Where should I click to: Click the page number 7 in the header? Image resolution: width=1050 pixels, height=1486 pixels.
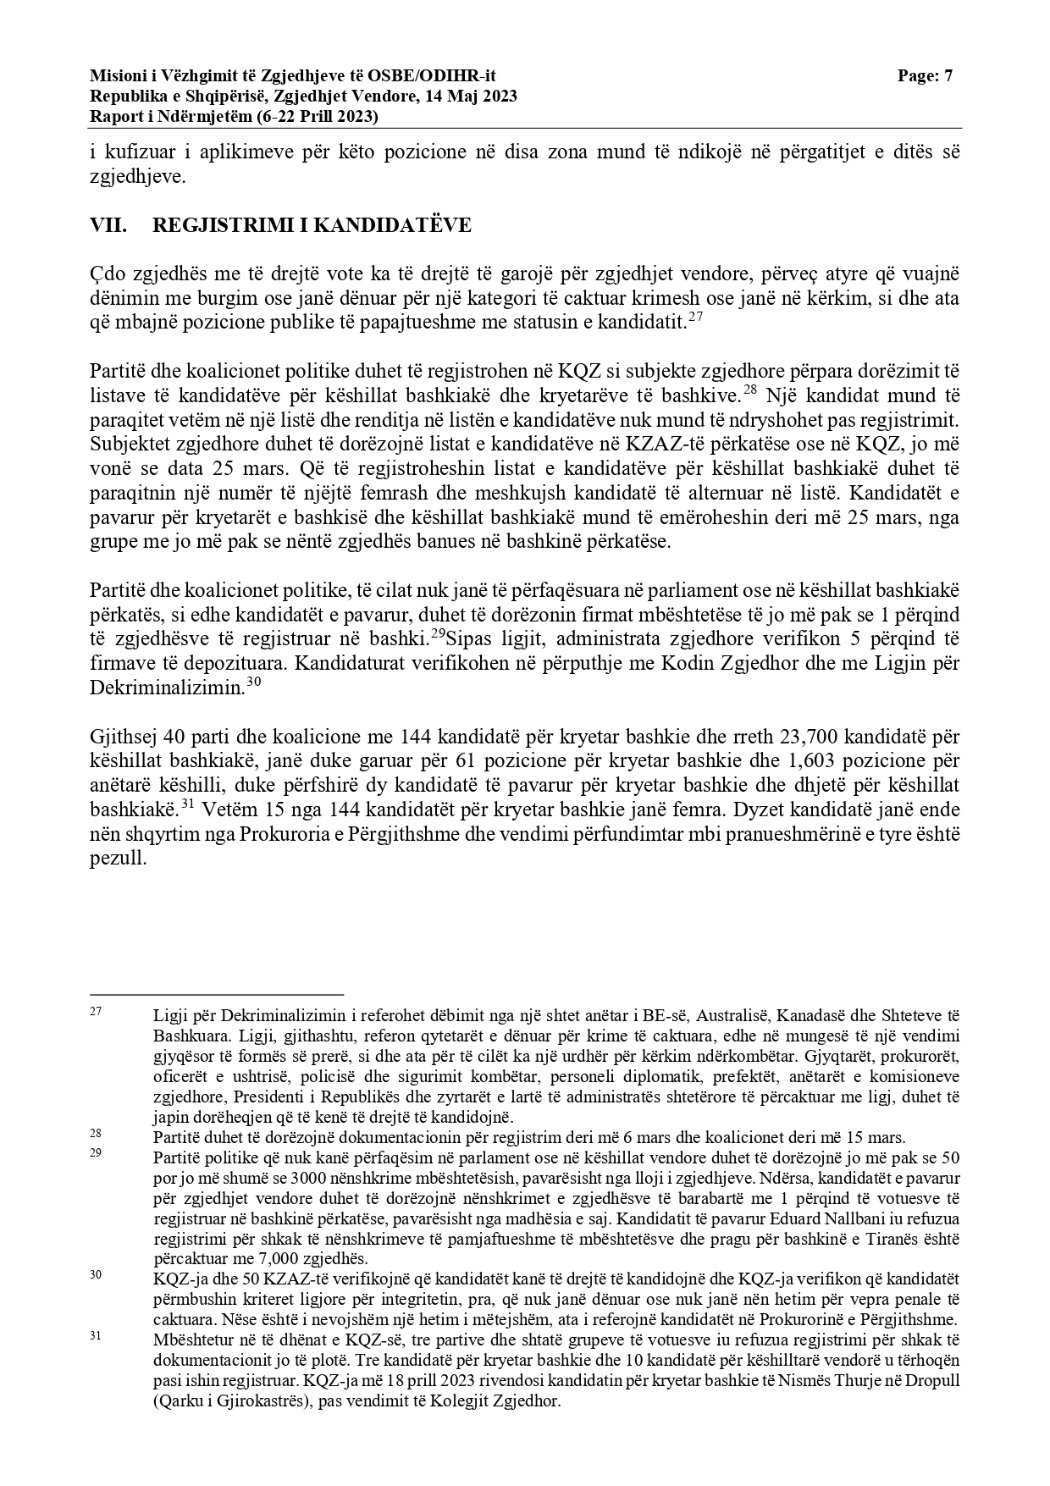pos(948,76)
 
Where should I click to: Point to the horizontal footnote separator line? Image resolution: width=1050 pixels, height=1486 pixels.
pos(216,995)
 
